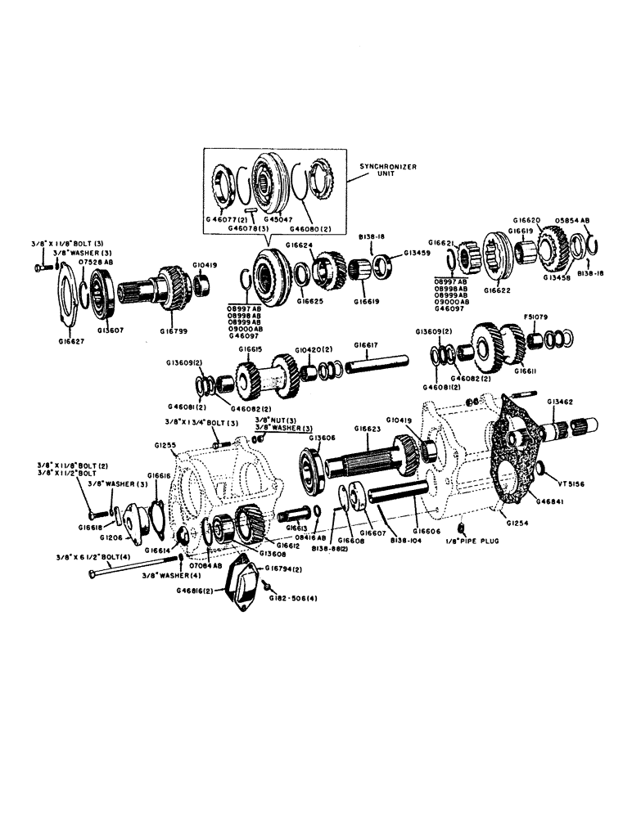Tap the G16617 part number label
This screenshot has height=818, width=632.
(x=366, y=345)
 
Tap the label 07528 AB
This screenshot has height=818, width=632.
(x=96, y=261)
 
